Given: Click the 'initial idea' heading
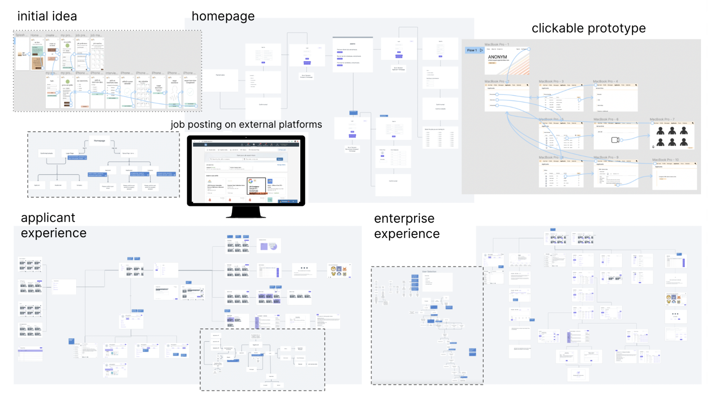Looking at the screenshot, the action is [x=47, y=16].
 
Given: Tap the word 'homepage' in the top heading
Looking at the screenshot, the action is [x=223, y=16].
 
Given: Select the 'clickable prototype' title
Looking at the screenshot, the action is [x=588, y=28].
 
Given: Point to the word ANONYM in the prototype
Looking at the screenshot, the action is [x=497, y=57].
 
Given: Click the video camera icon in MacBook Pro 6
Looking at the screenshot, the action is [x=615, y=140].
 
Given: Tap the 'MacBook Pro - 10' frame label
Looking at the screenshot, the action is [x=665, y=160].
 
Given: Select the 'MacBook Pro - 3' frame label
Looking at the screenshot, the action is [x=551, y=82].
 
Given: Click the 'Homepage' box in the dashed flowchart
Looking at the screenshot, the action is [x=100, y=141].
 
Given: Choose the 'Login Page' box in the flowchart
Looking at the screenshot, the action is [x=70, y=153].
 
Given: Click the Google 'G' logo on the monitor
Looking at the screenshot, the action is [x=251, y=181].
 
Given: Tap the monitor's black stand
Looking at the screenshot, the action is [x=246, y=212].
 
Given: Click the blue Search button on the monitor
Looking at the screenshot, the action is [x=280, y=159].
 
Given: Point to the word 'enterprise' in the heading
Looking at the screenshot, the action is [x=404, y=218].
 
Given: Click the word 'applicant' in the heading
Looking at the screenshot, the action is [x=48, y=218].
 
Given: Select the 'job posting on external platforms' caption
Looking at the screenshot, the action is [x=246, y=124].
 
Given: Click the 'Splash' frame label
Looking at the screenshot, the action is [x=20, y=35].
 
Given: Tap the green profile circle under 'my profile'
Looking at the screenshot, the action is [x=67, y=45].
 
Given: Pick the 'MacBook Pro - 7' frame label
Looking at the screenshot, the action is [x=662, y=120].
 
